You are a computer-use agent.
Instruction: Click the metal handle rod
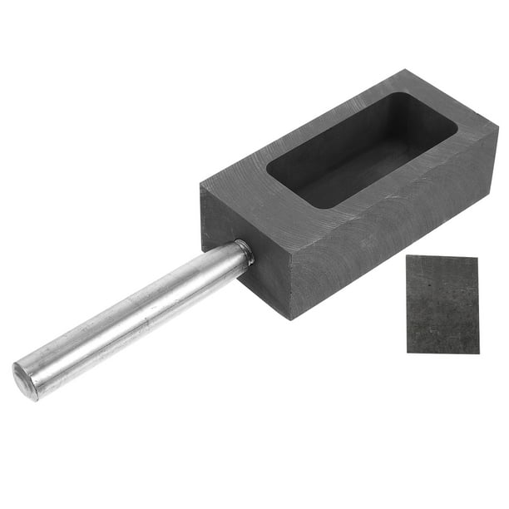133,319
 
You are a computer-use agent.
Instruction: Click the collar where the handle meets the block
243,252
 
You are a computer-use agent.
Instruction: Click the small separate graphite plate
442,304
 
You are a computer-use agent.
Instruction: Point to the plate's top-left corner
408,256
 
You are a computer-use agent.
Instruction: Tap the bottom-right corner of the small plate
478,353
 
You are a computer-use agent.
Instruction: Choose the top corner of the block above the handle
201,185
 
